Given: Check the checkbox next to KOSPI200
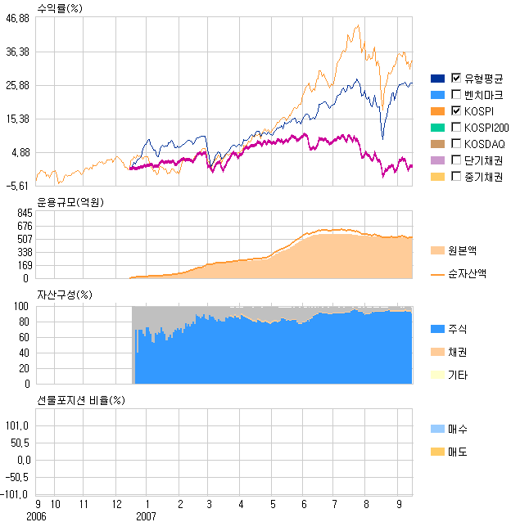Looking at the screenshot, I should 456,127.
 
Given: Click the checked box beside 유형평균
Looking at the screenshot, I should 456,78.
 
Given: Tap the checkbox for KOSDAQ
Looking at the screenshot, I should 456,143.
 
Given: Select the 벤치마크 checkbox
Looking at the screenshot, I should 456,94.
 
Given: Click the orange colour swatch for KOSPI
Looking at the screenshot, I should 437,110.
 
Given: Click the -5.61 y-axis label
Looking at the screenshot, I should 18,186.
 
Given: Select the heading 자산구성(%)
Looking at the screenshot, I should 65,295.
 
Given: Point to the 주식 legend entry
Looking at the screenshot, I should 459,328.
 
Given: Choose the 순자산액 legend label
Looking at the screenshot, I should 467,274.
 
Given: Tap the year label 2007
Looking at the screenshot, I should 146,517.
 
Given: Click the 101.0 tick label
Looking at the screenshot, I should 18,425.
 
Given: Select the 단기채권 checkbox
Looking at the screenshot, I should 456,160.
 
